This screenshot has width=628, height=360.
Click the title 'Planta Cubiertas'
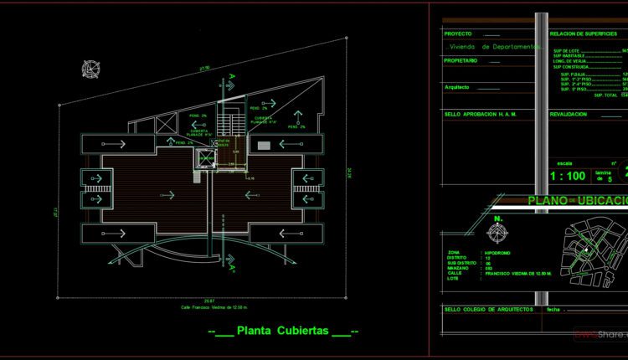(284, 331)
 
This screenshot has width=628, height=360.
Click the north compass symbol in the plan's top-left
(88, 70)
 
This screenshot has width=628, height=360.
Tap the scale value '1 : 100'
(544, 177)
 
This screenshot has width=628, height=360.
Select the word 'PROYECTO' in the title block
(460, 33)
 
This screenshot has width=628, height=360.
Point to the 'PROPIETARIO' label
(462, 60)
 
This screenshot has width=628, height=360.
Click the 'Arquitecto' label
(458, 87)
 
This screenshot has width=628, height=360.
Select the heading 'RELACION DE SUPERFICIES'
(584, 33)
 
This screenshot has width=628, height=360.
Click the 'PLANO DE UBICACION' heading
(578, 200)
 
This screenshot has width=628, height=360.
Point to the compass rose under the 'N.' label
(500, 233)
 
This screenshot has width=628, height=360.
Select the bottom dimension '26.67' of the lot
(208, 300)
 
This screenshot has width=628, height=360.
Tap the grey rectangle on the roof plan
(264, 146)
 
